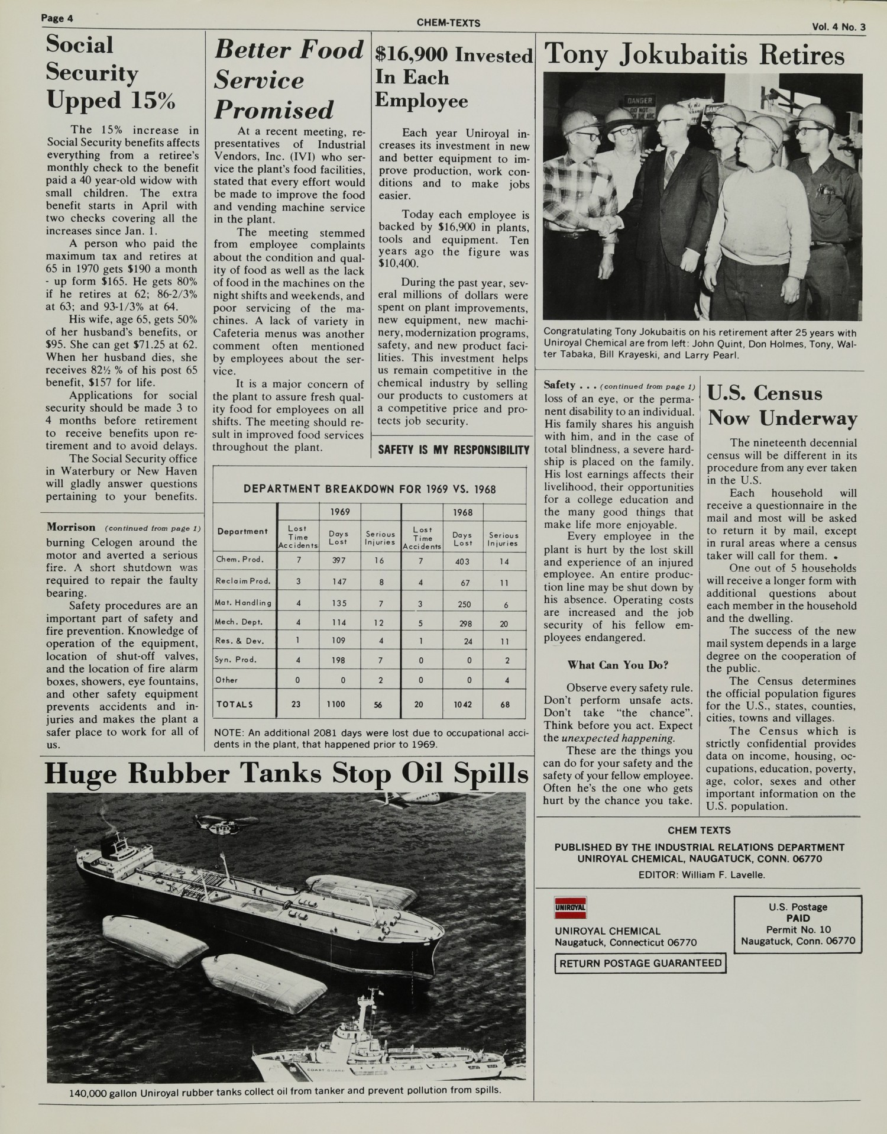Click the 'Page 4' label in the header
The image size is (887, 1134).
[x=57, y=18]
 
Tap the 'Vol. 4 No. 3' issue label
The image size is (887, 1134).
[x=838, y=27]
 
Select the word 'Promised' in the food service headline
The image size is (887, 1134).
[x=274, y=110]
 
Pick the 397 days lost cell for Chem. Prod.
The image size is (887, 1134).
[x=339, y=560]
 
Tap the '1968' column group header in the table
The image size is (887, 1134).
[x=462, y=512]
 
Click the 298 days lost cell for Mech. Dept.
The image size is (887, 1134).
[x=464, y=623]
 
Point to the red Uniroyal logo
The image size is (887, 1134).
[x=570, y=906]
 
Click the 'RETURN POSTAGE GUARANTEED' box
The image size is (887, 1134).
[x=640, y=963]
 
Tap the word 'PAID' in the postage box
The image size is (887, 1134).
[x=798, y=918]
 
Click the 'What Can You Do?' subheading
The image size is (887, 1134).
[x=617, y=665]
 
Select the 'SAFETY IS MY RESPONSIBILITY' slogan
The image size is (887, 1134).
[x=453, y=450]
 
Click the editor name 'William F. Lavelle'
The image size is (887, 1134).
[x=723, y=875]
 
